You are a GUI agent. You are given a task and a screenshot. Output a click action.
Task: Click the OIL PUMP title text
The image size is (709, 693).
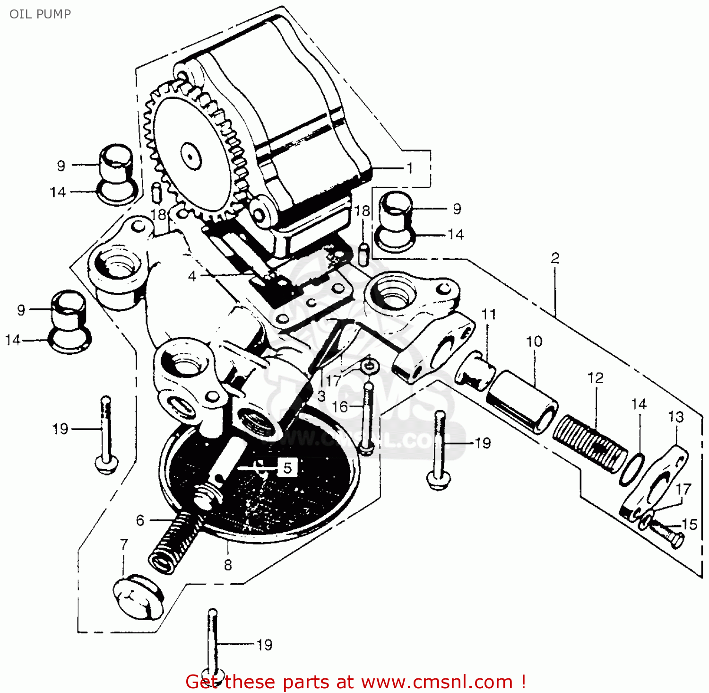click(x=40, y=14)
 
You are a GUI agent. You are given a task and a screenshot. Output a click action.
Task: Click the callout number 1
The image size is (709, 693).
click(x=410, y=168)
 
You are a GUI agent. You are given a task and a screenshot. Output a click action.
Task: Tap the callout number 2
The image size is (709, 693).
click(x=555, y=258)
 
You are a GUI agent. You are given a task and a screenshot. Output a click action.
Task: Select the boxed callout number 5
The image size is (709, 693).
click(x=287, y=468)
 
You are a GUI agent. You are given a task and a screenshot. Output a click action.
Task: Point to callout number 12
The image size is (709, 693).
click(x=596, y=378)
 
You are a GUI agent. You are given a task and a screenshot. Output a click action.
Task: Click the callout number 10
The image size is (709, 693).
click(x=534, y=342)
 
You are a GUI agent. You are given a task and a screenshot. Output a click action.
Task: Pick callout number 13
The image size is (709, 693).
click(x=676, y=417)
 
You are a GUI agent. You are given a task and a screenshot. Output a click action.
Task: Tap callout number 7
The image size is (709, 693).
click(x=124, y=544)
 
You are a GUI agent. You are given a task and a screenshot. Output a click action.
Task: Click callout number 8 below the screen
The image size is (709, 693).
click(x=228, y=565)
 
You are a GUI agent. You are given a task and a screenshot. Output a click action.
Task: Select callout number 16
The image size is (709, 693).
click(x=340, y=407)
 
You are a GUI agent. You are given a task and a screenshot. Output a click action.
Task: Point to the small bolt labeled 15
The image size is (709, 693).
click(x=666, y=532)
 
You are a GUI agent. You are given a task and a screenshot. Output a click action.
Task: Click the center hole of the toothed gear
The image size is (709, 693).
click(x=190, y=155)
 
